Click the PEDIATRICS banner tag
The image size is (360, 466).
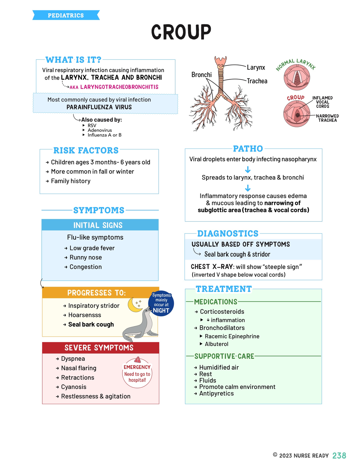click(x=66, y=15)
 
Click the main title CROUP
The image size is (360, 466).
click(x=181, y=32)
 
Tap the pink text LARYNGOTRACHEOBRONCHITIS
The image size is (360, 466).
click(x=119, y=87)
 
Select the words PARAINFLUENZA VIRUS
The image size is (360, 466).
click(x=99, y=107)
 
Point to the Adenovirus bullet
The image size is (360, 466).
click(x=100, y=130)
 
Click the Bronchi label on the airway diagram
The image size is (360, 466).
click(x=201, y=75)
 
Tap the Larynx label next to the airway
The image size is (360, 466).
click(x=256, y=68)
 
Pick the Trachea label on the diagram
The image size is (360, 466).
click(x=257, y=81)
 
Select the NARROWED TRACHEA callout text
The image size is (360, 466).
click(x=327, y=118)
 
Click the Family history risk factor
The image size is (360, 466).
click(x=70, y=181)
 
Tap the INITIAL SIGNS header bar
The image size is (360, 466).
click(x=100, y=225)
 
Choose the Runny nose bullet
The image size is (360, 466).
click(x=85, y=257)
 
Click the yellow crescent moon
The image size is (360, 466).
click(x=134, y=305)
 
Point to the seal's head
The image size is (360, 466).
click(x=146, y=311)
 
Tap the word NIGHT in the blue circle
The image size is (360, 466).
click(x=161, y=311)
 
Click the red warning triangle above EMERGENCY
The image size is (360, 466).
click(x=138, y=359)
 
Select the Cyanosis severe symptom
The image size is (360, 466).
click(x=73, y=387)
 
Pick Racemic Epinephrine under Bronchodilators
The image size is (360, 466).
click(x=232, y=336)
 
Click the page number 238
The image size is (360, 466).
click(x=339, y=455)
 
